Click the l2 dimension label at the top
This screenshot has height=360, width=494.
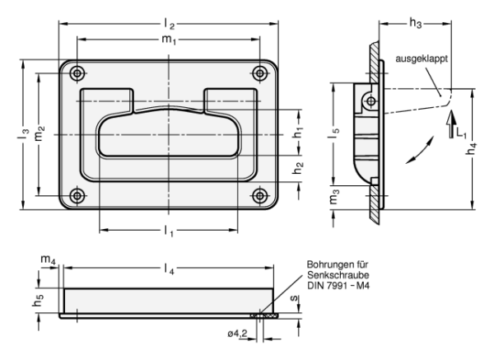point(169,24)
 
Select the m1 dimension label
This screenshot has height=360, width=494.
point(169,40)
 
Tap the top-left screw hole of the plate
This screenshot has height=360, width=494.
point(77,73)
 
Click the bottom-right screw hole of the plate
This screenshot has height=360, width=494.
point(260,196)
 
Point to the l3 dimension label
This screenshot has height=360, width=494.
point(23,133)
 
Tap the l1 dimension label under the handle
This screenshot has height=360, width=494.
point(169,231)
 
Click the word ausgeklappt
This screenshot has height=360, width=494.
point(422,59)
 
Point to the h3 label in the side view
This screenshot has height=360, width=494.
point(415,23)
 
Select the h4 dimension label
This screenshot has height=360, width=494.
point(472,148)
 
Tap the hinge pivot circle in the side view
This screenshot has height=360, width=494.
point(371,101)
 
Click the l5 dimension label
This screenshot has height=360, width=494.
point(334,133)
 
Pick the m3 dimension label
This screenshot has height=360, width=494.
point(334,196)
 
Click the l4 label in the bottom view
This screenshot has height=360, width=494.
point(169,269)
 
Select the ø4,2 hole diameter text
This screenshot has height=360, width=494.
point(238,334)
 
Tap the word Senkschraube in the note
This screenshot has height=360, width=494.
point(338,275)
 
